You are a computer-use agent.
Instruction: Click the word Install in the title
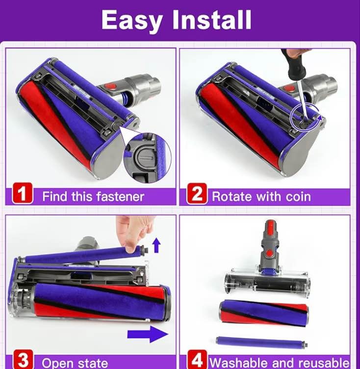coord(212,20)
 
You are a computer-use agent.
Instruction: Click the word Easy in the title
coord(132,21)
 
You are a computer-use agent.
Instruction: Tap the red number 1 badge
coord(23,193)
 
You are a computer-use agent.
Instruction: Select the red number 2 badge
coord(197,194)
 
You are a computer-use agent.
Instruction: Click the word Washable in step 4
coord(237,363)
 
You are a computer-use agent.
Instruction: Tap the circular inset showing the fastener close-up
coord(147,158)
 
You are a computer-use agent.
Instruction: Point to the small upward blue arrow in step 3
coord(156,245)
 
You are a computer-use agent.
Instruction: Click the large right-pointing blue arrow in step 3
coord(148,334)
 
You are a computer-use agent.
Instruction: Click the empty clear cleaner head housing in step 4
coord(267,281)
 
